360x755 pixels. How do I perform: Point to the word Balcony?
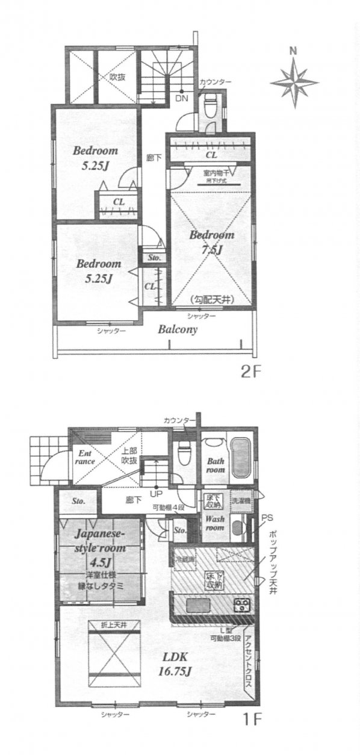178,330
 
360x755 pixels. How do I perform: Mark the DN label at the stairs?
181,98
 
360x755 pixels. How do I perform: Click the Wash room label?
215,523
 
